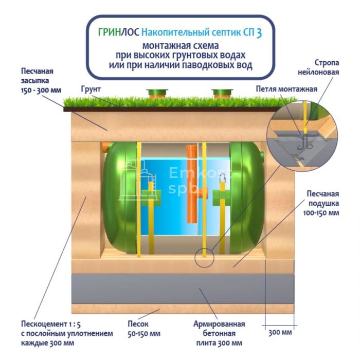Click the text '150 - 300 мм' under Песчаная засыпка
[x=41, y=90]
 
